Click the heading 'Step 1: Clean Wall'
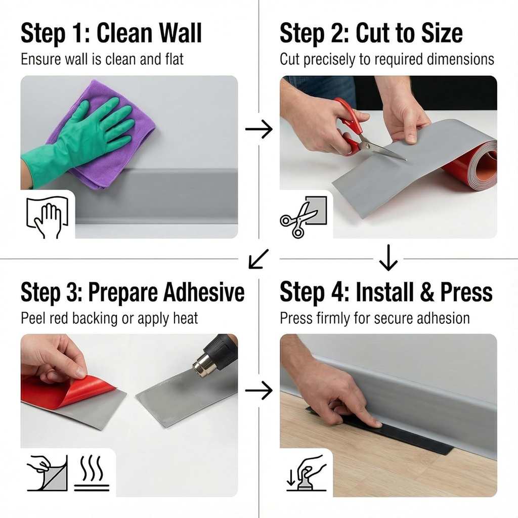(111, 33)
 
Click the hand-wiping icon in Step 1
(47, 217)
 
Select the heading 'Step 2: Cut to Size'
(371, 33)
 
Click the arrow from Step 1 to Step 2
(258, 129)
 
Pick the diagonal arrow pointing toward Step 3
(258, 259)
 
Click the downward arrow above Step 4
(388, 258)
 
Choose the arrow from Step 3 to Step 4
(258, 391)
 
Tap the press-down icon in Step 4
(306, 473)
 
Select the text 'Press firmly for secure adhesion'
(374, 318)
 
